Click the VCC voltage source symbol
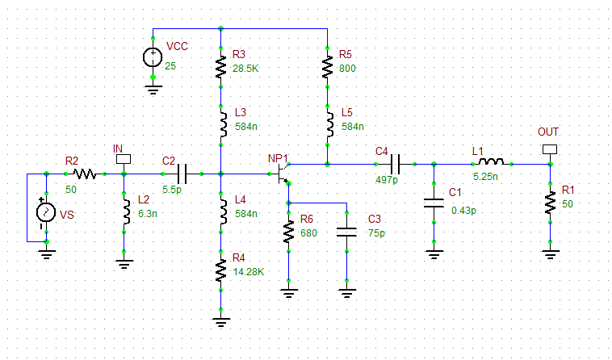[153, 57]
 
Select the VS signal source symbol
[46, 213]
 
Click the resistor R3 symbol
[220, 66]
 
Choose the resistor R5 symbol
[327, 66]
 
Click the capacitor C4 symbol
[395, 164]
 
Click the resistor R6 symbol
[288, 232]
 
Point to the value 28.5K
[245, 69]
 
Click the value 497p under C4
[387, 179]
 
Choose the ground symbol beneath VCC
[153, 88]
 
